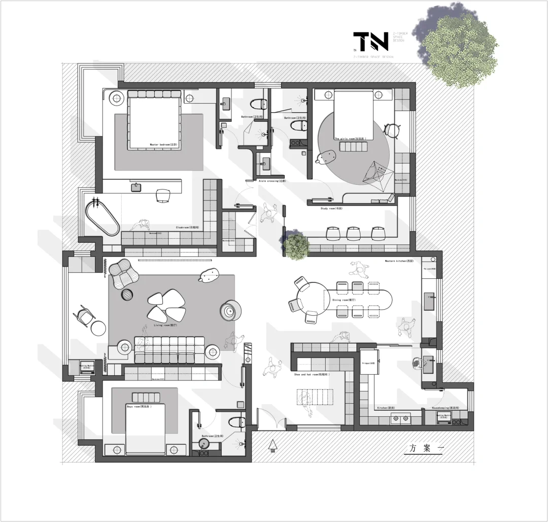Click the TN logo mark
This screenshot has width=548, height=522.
tap(370, 42)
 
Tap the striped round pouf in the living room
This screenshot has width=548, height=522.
tap(126, 294)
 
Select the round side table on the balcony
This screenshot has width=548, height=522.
tap(97, 329)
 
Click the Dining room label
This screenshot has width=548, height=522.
tap(344, 300)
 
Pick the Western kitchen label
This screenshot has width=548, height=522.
tap(396, 261)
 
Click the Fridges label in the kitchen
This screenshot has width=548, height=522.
tap(368, 364)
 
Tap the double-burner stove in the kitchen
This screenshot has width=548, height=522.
tap(400, 419)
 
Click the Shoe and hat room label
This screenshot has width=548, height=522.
tap(312, 374)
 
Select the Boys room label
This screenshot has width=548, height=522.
tap(139, 406)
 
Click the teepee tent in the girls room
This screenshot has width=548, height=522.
tap(378, 175)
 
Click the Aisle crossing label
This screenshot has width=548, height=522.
tap(272, 181)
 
